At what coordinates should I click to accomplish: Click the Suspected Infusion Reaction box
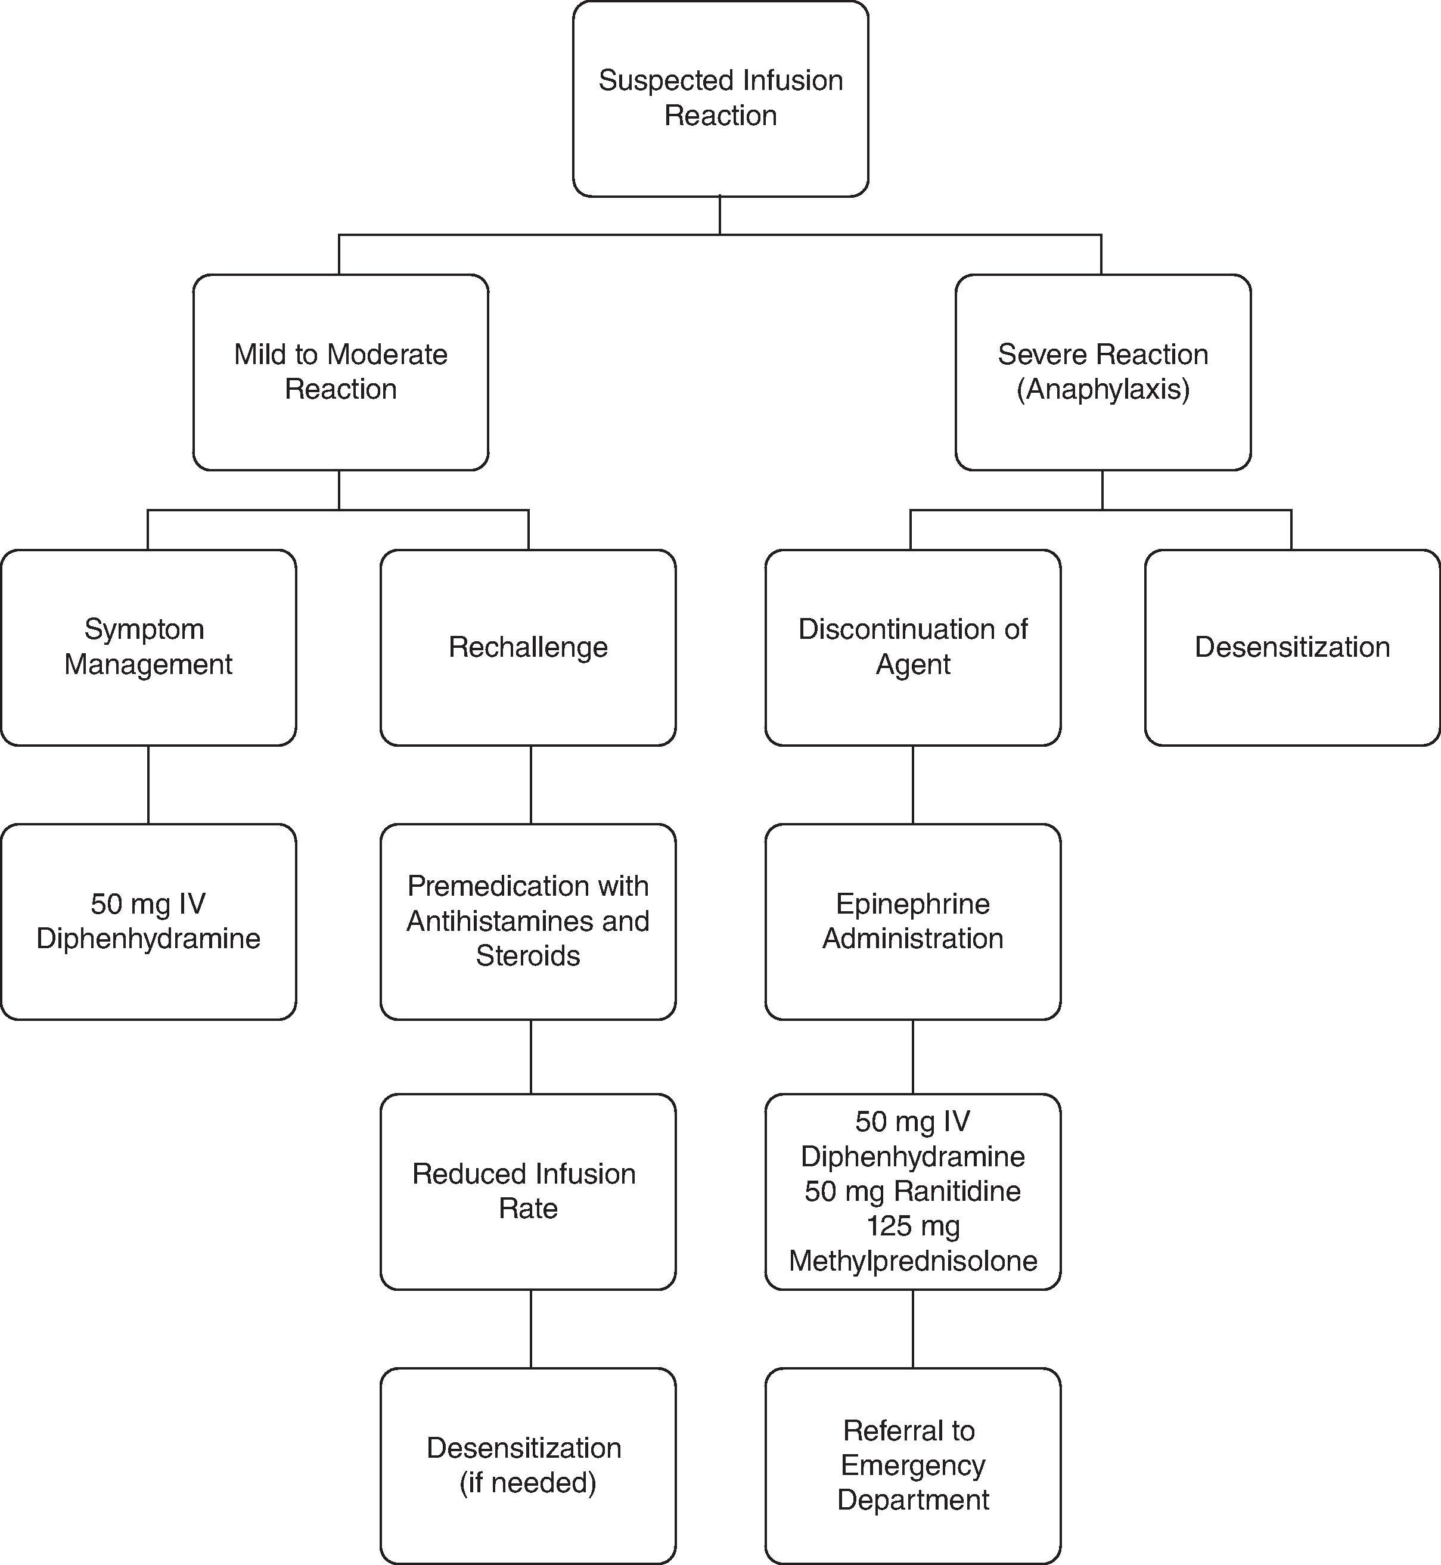click(x=720, y=98)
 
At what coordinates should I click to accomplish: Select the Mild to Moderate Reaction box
click(x=341, y=372)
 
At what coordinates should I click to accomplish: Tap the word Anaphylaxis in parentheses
click(x=1103, y=389)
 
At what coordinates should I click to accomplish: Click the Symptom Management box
click(x=148, y=647)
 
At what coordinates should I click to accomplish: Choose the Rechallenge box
click(x=528, y=647)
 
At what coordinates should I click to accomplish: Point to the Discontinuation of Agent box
click(x=912, y=647)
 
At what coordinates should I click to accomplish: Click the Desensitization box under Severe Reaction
click(x=1291, y=647)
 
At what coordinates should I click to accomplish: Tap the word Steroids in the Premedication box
click(x=528, y=956)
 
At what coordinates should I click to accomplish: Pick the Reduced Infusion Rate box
click(x=528, y=1191)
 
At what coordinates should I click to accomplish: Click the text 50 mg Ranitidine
click(x=912, y=1191)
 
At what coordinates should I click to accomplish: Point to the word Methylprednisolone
click(x=912, y=1261)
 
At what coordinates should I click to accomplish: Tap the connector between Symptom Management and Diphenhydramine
click(x=148, y=784)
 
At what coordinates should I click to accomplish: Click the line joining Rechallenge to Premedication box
click(x=531, y=784)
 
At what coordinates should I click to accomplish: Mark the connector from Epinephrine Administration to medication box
click(x=912, y=1057)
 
